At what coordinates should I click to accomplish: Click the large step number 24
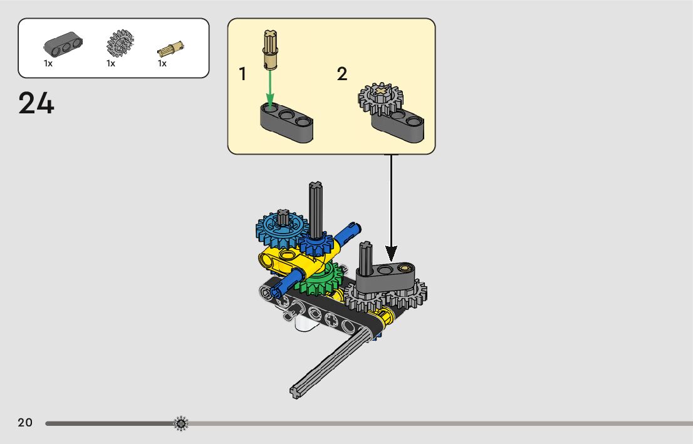[x=36, y=103]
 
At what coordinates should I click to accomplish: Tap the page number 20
[x=25, y=423]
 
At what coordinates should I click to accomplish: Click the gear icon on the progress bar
[x=180, y=424]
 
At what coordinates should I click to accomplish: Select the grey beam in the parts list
[x=63, y=44]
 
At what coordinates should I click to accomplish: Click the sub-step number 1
[x=242, y=75]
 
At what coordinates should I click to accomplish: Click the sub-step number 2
[x=341, y=75]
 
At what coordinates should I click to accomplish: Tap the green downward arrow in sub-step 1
[x=270, y=88]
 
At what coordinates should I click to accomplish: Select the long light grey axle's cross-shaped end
[x=296, y=392]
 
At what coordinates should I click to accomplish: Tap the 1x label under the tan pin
[x=162, y=63]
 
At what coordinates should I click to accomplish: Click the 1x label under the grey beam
[x=48, y=63]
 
